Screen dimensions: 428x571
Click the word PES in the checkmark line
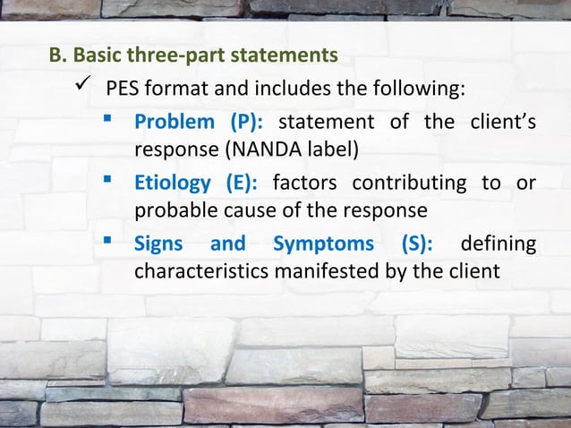pos(122,90)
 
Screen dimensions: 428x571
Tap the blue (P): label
pos(246,122)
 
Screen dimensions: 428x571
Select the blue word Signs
pos(158,244)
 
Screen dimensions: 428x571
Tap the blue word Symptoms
pos(323,244)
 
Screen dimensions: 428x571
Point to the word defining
pos(498,244)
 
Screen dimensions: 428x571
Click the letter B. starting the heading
pos(56,56)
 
